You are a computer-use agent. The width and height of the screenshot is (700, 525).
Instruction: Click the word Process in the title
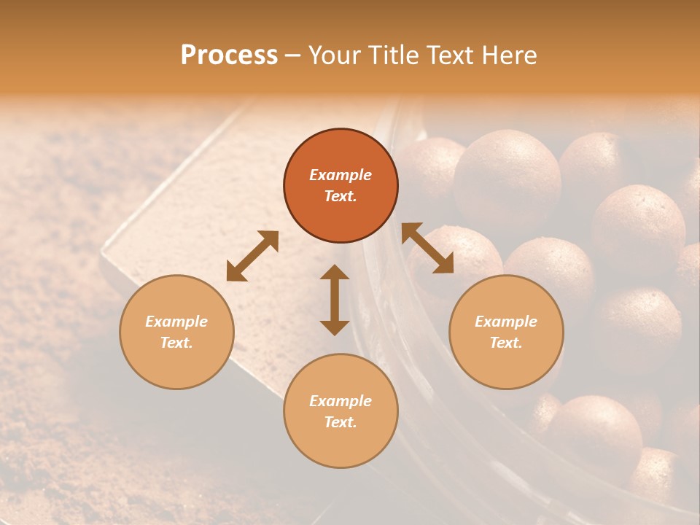coord(229,55)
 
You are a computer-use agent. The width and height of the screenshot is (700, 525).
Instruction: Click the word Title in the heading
coord(393,55)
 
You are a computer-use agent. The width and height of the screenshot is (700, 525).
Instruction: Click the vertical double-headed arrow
coord(335,300)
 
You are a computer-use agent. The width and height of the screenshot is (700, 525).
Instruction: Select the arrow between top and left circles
coord(252,256)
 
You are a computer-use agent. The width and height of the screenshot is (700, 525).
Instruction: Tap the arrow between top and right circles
coord(427,248)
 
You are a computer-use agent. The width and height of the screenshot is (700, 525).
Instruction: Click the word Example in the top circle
coord(341,175)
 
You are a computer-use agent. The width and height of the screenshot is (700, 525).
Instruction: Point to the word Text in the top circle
coord(341,196)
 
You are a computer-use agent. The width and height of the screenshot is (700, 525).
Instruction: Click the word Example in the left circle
coord(176,322)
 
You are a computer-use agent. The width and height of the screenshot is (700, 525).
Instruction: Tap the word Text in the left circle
coord(176,343)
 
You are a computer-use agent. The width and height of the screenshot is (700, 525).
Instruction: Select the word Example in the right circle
coord(506,322)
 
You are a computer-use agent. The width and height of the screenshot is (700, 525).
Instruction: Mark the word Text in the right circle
coord(506,343)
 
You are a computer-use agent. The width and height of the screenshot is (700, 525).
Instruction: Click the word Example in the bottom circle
coord(341,401)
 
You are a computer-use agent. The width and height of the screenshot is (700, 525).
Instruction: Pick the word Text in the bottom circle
coord(341,422)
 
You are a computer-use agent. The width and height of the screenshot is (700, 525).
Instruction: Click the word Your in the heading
coord(333,55)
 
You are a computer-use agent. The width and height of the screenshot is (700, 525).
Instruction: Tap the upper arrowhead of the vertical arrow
coord(335,273)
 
